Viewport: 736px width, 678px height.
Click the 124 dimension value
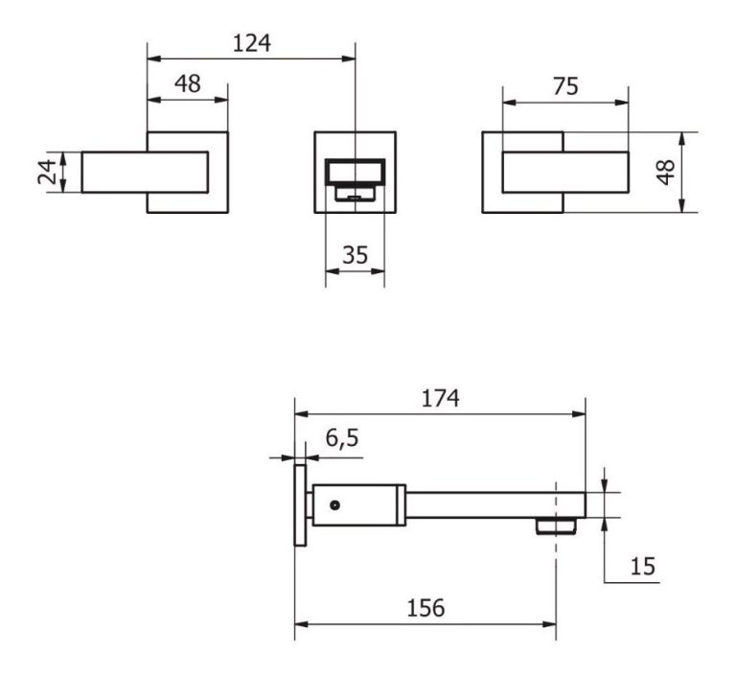pyautogui.click(x=252, y=43)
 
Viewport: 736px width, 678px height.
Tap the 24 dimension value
pyautogui.click(x=47, y=172)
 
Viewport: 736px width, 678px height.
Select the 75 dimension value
pyautogui.click(x=565, y=86)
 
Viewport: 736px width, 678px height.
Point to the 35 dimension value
pyautogui.click(x=356, y=255)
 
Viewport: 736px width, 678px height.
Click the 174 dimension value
pyautogui.click(x=440, y=398)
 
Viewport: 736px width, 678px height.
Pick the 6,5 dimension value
pyautogui.click(x=342, y=439)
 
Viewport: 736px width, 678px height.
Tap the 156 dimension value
pyautogui.click(x=425, y=608)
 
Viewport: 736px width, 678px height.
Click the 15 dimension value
pyautogui.click(x=642, y=566)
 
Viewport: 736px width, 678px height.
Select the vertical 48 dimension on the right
pyautogui.click(x=666, y=172)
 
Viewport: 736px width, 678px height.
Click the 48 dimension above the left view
pyautogui.click(x=188, y=83)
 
